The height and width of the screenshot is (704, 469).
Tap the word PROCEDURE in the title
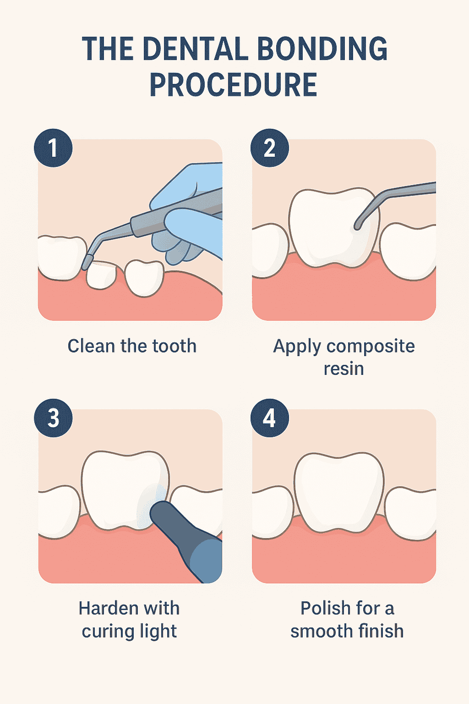234,86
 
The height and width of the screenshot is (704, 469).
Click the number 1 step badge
53,148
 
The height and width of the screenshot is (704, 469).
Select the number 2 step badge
270,148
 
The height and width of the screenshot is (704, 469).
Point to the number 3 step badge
53,418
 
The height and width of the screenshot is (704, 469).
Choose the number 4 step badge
270,418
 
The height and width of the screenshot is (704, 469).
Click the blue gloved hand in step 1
192,215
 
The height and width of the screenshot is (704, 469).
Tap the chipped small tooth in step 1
102,275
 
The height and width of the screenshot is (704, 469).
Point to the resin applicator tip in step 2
358,225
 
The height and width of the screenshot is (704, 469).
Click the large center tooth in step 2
330,227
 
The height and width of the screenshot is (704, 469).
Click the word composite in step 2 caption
371,346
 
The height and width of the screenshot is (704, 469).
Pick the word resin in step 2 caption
344,369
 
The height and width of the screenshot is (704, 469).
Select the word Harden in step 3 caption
102,609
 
